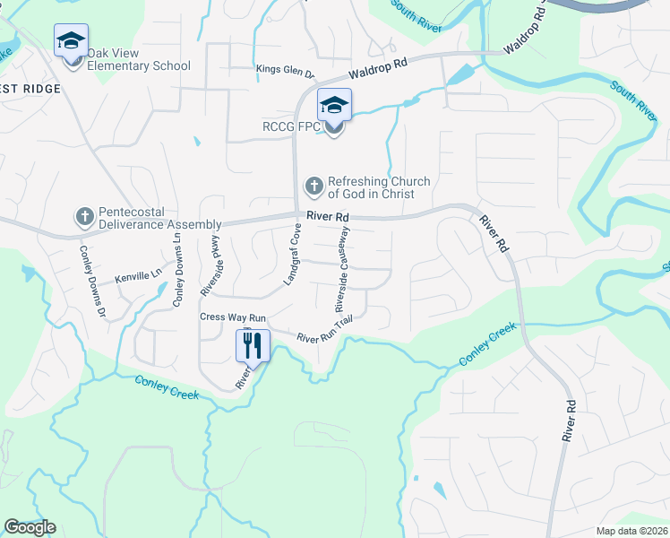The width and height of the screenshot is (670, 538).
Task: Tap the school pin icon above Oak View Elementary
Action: click(x=71, y=41)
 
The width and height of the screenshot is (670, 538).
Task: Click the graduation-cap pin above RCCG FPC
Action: click(x=334, y=106)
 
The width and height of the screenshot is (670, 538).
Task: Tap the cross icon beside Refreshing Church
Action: click(x=314, y=187)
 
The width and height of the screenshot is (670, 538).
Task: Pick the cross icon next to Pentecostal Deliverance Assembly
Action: click(x=84, y=216)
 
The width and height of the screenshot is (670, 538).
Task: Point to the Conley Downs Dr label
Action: click(x=93, y=282)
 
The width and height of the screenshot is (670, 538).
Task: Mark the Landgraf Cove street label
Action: click(x=292, y=256)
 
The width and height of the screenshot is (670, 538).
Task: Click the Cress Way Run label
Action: click(x=233, y=317)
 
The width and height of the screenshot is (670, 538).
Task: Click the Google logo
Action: click(x=30, y=527)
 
